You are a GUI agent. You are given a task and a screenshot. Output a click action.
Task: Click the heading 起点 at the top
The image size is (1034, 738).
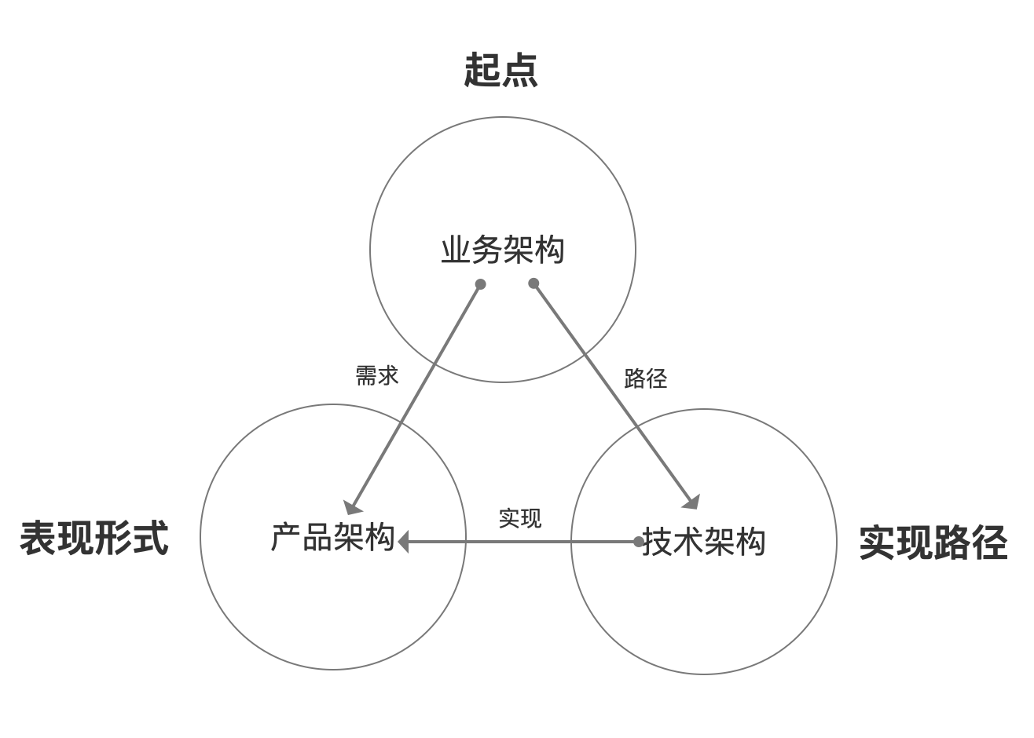500,71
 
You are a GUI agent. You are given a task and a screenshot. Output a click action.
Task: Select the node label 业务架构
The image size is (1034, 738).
503,250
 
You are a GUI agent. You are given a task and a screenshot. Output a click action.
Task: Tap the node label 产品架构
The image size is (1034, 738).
332,538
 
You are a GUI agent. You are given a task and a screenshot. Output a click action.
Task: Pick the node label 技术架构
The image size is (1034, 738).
703,542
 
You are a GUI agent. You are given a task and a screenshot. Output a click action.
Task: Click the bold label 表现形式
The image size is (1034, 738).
94,539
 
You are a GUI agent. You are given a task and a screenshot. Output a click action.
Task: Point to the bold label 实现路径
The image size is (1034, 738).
933,543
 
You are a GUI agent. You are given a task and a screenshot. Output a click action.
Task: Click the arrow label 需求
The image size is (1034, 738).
377,376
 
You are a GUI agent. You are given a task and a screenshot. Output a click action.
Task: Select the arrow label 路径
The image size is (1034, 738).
645,378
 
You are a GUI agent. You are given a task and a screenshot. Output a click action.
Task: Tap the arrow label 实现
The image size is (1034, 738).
519,518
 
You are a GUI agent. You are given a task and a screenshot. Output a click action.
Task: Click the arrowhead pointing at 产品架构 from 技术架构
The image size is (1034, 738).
404,542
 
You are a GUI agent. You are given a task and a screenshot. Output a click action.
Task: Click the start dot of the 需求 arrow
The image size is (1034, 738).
481,284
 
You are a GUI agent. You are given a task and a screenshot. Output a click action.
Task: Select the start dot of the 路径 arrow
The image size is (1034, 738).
534,283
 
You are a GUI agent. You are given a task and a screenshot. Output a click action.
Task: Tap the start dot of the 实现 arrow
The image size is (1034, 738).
639,542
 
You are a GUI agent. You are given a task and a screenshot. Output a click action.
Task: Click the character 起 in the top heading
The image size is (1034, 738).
482,71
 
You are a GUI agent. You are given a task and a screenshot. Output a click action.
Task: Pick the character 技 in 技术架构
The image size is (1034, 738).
657,542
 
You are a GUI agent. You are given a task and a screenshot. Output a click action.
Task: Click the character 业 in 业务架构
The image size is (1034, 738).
456,250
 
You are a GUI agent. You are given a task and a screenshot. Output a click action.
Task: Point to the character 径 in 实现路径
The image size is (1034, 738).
989,543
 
